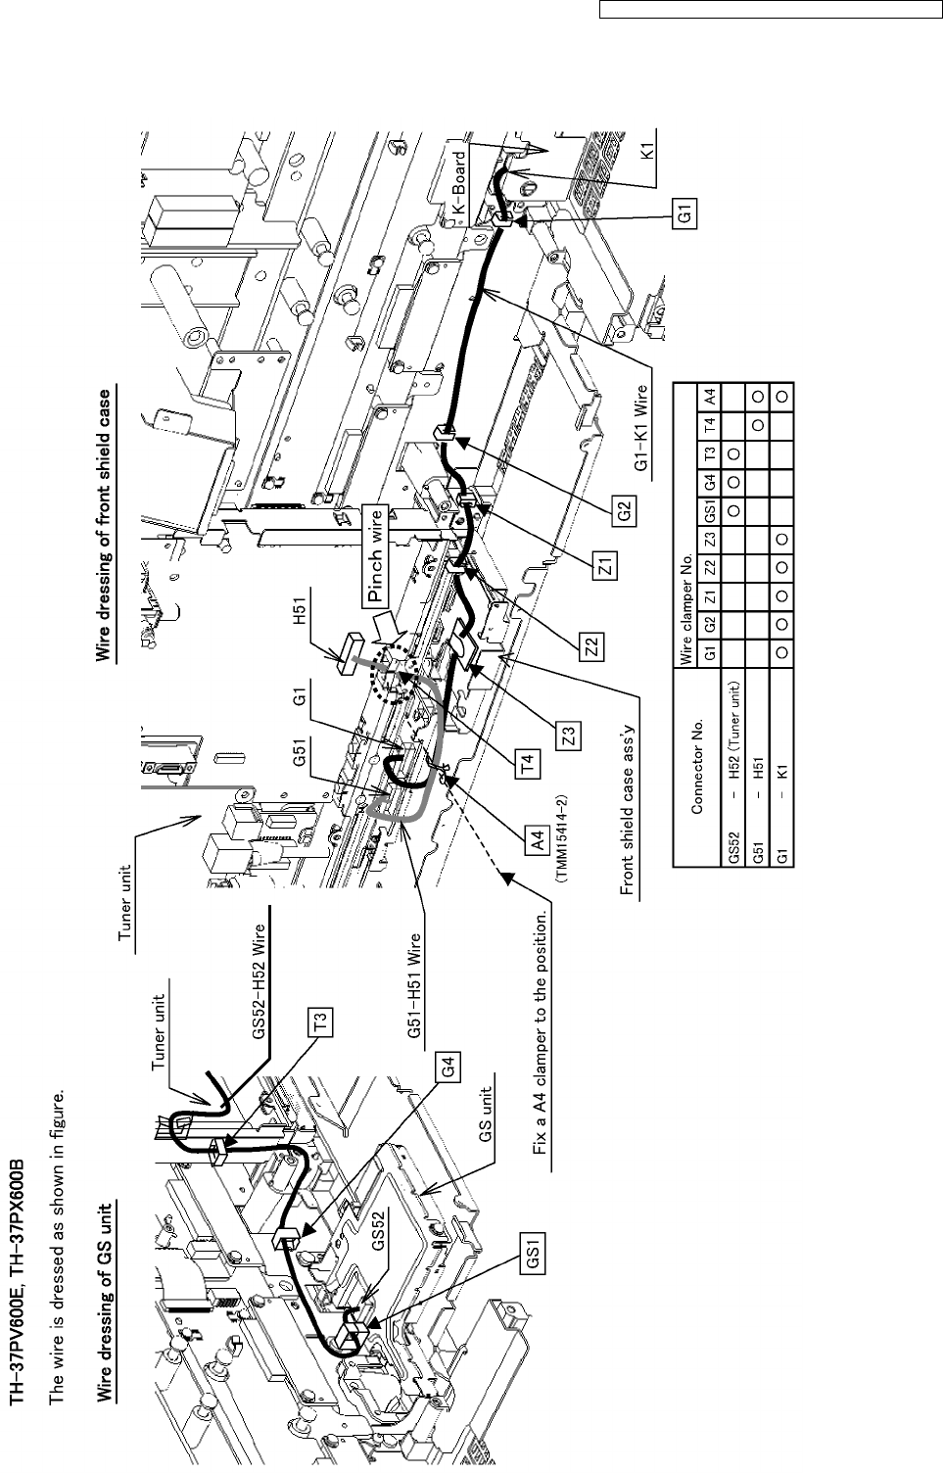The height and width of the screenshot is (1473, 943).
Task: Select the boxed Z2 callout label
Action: pos(592,646)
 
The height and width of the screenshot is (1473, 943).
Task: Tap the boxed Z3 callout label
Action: pos(569,733)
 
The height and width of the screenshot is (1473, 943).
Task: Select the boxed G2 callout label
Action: pos(628,509)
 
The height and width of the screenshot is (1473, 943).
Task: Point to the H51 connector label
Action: pos(302,626)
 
